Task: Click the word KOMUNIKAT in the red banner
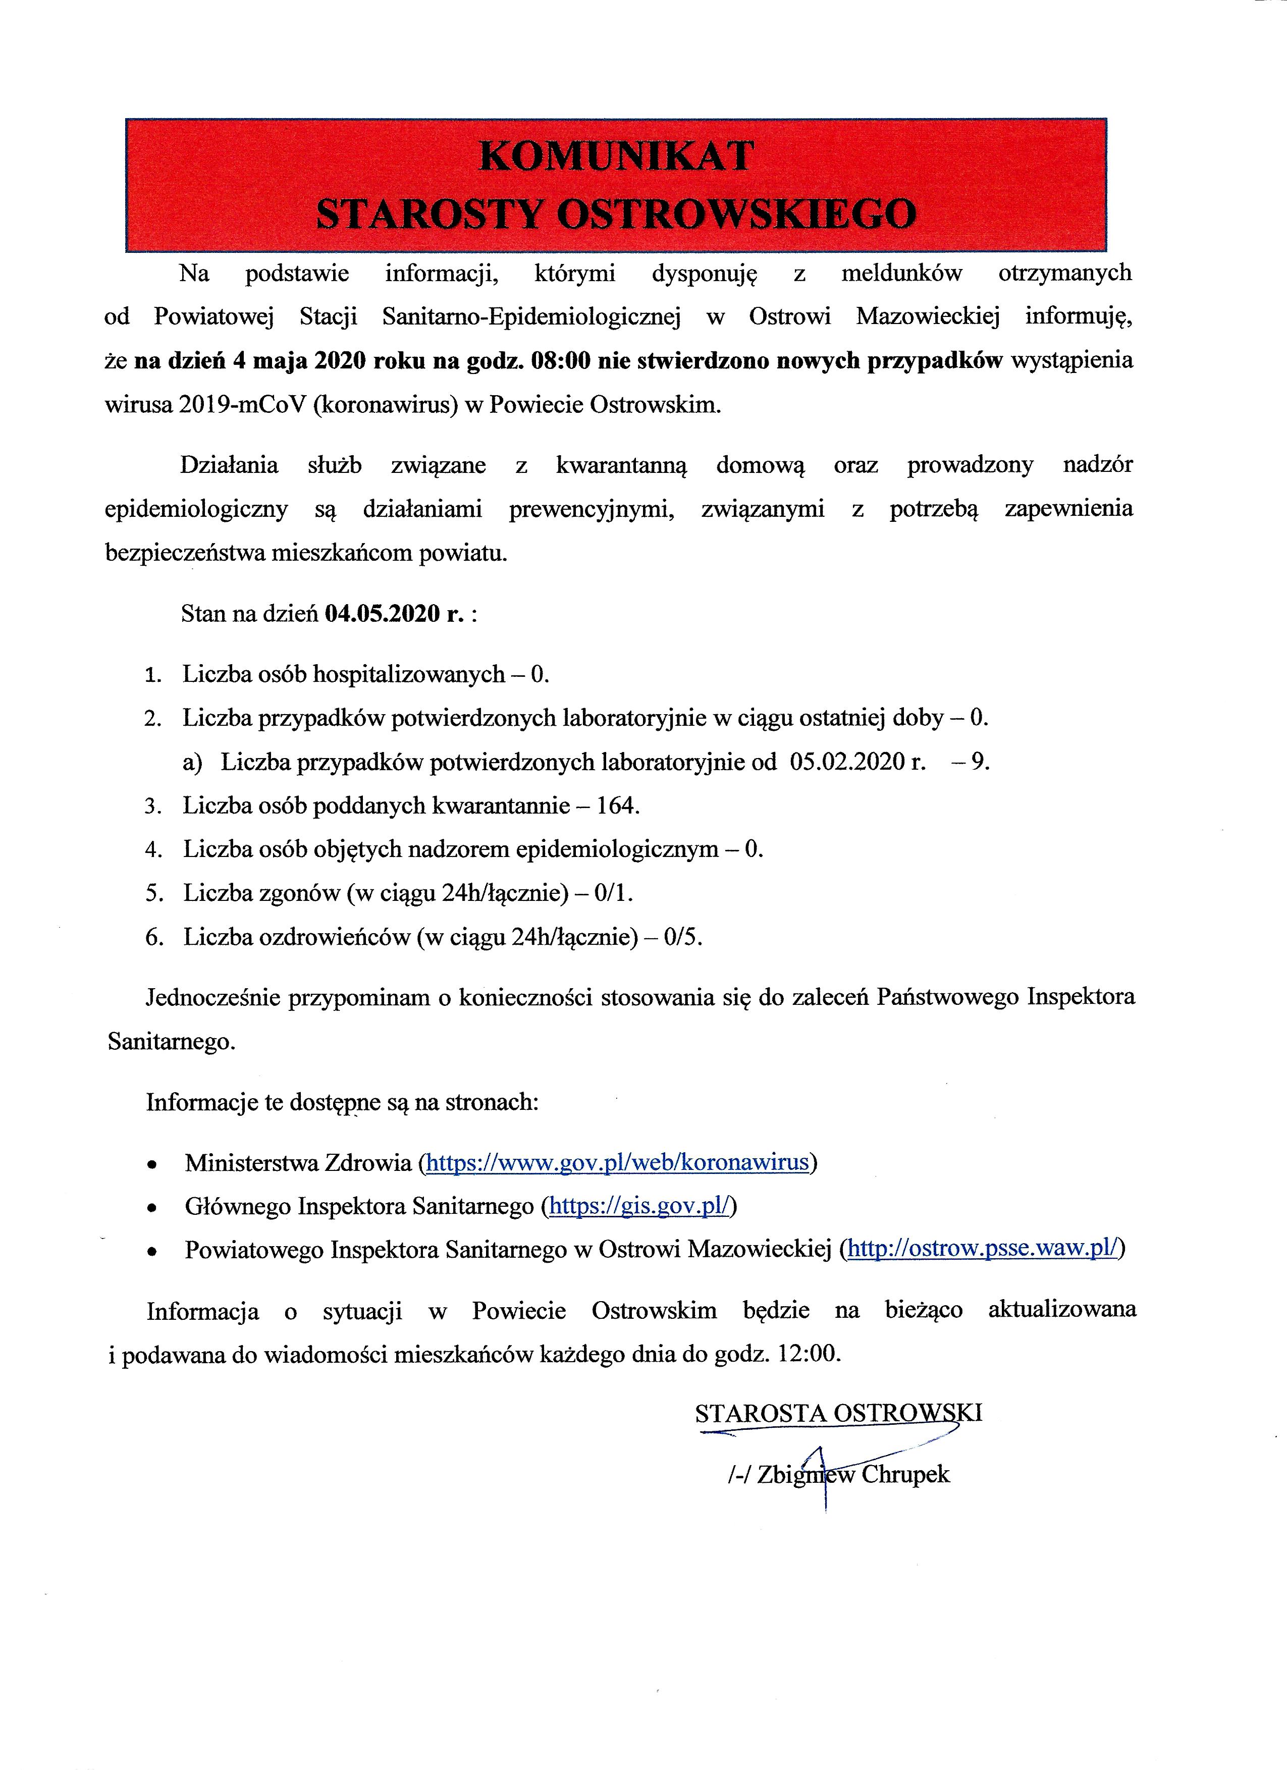point(616,156)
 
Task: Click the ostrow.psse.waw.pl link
point(983,1250)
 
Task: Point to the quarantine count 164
point(618,806)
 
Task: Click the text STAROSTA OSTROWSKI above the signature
point(838,1413)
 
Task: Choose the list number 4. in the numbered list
point(153,850)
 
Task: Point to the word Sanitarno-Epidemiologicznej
point(531,317)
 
